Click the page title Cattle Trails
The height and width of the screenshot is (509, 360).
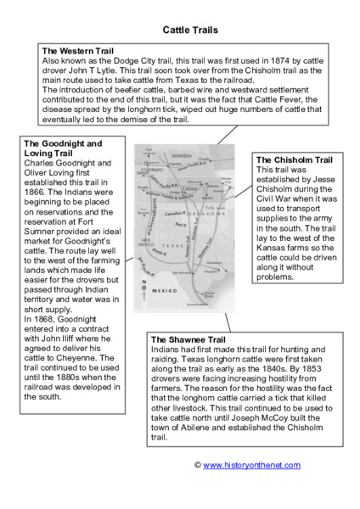(x=190, y=30)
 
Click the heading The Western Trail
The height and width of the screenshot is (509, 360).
(x=77, y=52)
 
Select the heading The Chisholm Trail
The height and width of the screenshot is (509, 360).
(x=294, y=159)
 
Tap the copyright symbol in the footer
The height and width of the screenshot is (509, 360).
(x=197, y=465)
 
